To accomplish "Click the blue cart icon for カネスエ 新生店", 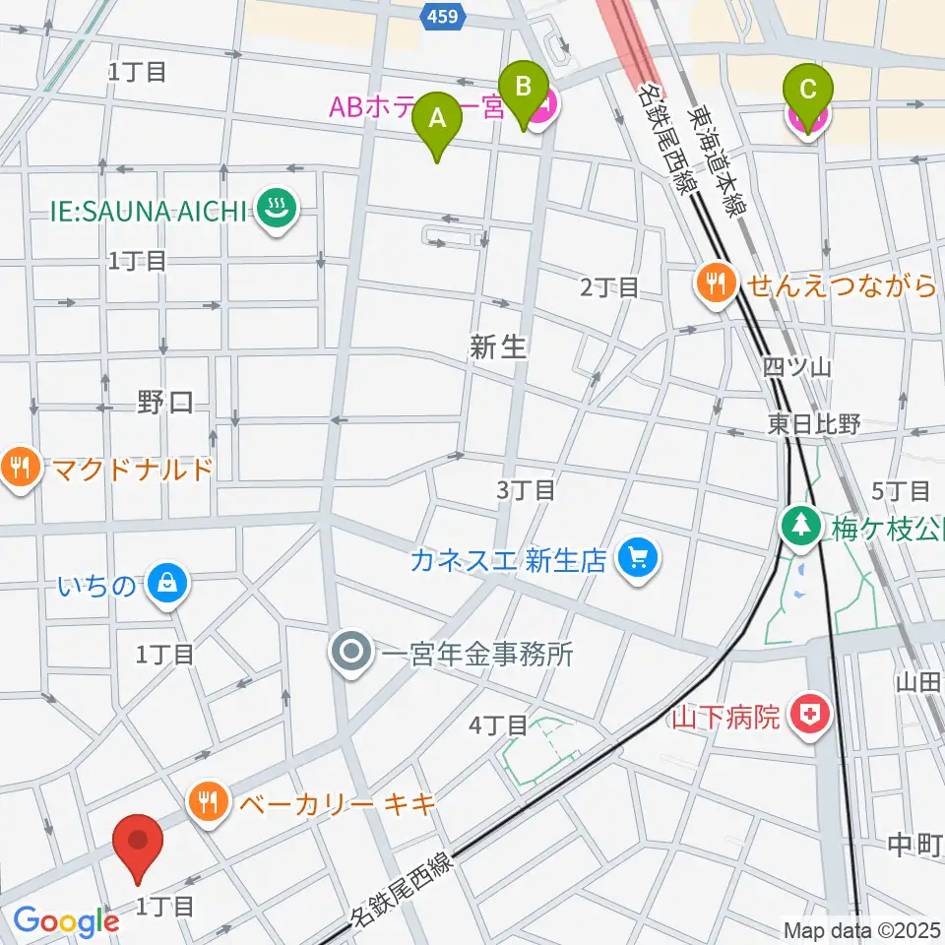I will pyautogui.click(x=637, y=560).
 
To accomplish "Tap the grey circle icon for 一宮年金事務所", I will pyautogui.click(x=350, y=655).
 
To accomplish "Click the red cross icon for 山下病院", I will pyautogui.click(x=813, y=715).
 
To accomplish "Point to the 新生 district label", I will pyautogui.click(x=499, y=346).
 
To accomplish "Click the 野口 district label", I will pyautogui.click(x=164, y=403).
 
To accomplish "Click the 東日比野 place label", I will pyautogui.click(x=814, y=423).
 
